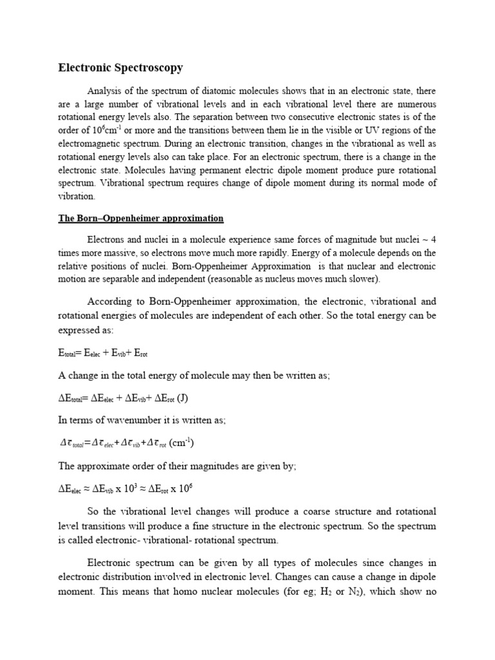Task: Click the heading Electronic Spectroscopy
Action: pos(121,68)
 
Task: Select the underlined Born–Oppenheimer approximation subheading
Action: pos(141,218)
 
